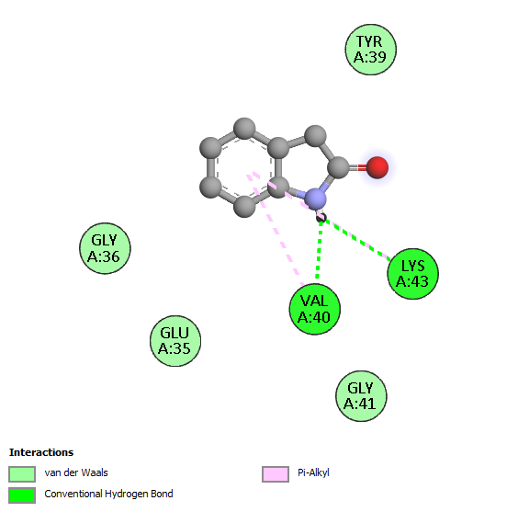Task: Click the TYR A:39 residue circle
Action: tap(371, 50)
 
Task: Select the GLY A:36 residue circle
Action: tap(105, 248)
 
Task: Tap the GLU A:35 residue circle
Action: tap(175, 341)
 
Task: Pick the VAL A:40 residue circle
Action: tap(315, 309)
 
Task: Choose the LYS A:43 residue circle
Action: tap(413, 274)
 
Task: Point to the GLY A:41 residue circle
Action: tap(361, 396)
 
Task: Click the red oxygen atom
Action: tap(377, 167)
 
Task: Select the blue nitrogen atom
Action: tap(315, 199)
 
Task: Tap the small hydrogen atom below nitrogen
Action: tap(321, 218)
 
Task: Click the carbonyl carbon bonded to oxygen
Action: tap(339, 167)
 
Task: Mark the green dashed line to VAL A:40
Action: tap(319, 249)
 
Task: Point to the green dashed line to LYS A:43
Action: tap(357, 239)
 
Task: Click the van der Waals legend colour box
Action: tap(22, 474)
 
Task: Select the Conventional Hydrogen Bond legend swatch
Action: tap(22, 495)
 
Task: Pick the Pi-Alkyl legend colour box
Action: tap(276, 474)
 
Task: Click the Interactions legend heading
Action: tap(41, 452)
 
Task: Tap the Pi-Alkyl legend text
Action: tap(313, 473)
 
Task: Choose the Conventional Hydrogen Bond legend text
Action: tap(108, 494)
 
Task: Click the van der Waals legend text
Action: tap(76, 472)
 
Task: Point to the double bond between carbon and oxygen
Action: tap(358, 167)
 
